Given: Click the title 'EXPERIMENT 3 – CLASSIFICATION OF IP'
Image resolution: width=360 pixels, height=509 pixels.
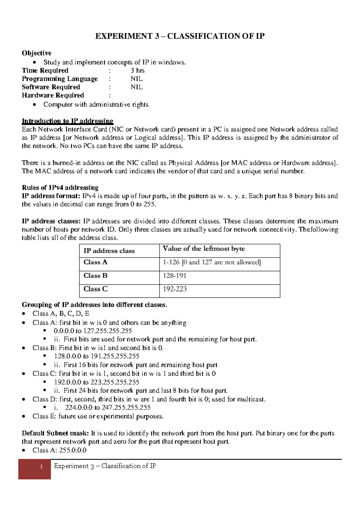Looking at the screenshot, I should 180,36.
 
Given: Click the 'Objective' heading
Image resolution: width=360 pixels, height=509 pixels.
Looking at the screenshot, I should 37,53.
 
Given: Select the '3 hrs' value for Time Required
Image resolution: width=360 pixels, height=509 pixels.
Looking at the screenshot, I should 137,71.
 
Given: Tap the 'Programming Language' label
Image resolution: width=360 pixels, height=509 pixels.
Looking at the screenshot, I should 60,79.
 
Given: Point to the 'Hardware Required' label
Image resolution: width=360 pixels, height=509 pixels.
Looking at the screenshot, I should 53,95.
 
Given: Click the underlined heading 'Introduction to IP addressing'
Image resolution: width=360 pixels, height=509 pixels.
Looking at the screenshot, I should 67,121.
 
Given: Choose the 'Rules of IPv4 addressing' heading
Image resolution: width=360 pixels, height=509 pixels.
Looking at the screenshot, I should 60,188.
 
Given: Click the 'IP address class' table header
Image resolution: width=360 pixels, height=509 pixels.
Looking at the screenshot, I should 109,251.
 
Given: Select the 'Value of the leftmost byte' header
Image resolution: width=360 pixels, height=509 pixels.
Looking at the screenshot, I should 204,248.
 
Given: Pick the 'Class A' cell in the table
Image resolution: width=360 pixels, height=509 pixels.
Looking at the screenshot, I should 95,262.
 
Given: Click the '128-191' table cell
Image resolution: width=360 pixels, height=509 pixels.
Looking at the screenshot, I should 174,276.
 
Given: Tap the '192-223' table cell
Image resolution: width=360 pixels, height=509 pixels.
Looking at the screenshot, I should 175,289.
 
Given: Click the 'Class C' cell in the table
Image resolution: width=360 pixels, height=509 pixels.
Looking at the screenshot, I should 95,289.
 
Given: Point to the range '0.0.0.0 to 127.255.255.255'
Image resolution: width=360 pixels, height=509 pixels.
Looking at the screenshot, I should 93,331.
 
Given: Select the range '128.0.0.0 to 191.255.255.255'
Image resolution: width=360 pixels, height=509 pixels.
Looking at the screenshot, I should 97,356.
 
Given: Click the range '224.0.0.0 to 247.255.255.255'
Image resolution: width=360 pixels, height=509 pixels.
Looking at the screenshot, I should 108,408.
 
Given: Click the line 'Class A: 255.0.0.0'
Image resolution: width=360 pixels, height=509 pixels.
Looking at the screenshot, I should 59,450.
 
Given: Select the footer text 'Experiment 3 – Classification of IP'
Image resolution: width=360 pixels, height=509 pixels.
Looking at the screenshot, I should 105,466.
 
